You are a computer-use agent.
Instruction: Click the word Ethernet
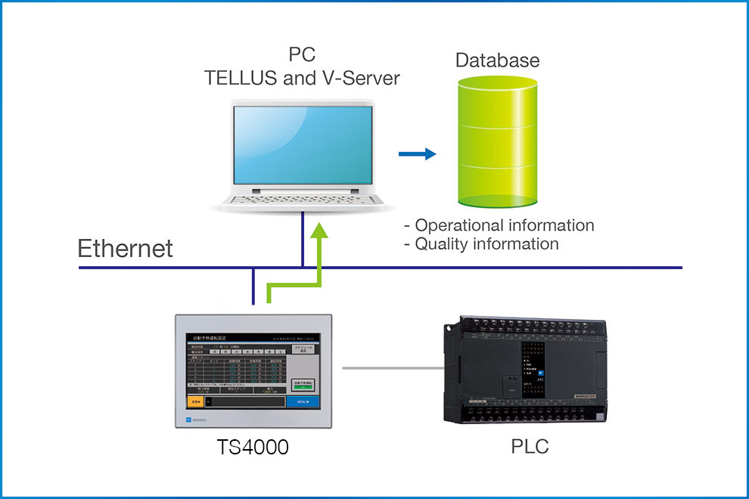tap(126, 248)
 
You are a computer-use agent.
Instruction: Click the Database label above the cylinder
tap(497, 60)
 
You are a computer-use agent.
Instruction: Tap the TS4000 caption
tap(252, 448)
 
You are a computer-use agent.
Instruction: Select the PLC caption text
tap(530, 447)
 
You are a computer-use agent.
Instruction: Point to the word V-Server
tap(359, 77)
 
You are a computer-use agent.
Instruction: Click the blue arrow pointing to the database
tap(418, 154)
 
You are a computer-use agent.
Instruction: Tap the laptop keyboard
tap(303, 200)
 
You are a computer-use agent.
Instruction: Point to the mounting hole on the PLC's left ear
tap(448, 329)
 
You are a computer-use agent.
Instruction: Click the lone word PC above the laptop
tap(301, 55)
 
